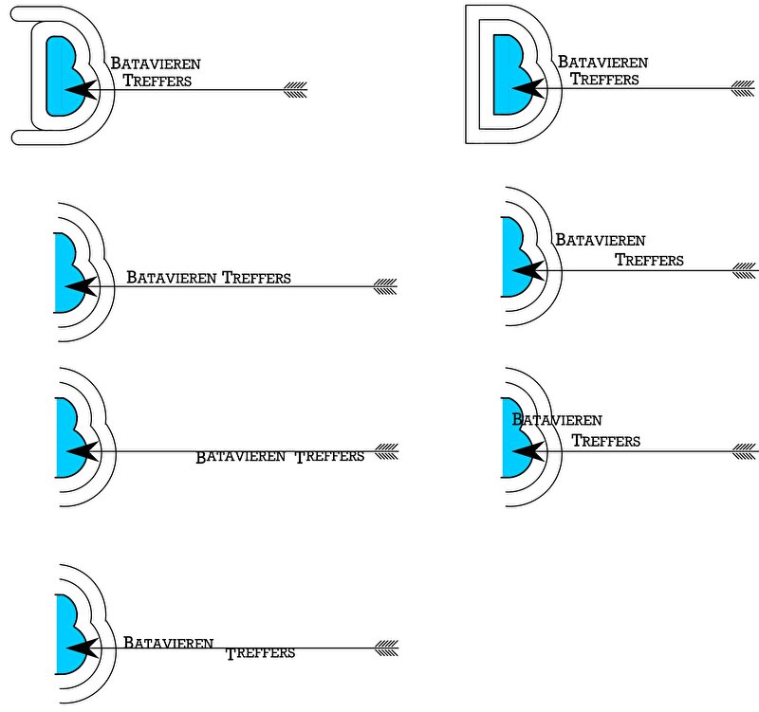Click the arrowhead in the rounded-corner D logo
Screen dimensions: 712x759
click(83, 90)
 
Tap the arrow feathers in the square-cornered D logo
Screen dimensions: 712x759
click(742, 90)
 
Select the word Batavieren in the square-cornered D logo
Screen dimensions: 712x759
click(602, 63)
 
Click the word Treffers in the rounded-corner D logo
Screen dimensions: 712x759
click(157, 81)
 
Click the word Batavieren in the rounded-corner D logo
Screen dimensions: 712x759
click(155, 64)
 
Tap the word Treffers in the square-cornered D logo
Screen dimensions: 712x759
click(604, 80)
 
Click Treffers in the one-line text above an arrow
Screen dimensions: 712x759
click(256, 279)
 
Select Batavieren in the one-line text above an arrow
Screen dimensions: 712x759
click(172, 279)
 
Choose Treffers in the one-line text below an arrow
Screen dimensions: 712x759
click(329, 457)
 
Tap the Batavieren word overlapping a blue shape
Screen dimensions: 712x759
click(557, 420)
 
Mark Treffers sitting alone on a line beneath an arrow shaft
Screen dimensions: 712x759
click(261, 653)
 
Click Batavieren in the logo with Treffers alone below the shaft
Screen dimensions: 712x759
click(168, 643)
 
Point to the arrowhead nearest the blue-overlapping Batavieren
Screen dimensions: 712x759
click(530, 450)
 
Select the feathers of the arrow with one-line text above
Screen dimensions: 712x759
click(384, 285)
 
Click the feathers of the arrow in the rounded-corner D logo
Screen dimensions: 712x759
click(296, 90)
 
